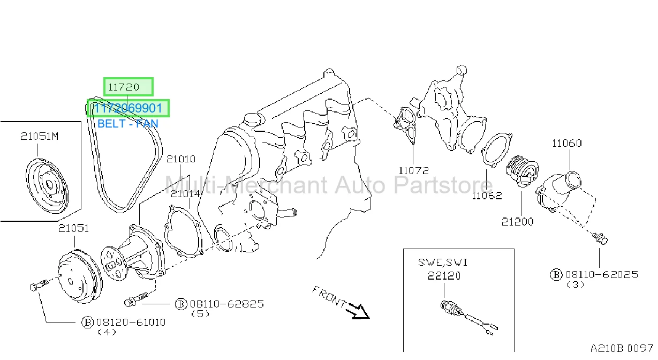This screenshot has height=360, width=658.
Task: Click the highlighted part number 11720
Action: coord(123,87)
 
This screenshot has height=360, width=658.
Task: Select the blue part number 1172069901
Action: coord(128,108)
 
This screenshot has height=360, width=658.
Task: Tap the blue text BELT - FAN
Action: coord(128,123)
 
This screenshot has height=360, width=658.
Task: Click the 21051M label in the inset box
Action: coord(40,136)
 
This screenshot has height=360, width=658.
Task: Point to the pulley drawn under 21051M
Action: coord(47,186)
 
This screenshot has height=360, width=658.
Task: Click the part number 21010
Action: coord(180,159)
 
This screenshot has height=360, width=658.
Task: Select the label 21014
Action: coord(185,194)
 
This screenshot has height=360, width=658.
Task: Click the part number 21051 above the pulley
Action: coord(73,228)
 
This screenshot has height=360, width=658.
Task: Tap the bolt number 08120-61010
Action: coord(131,322)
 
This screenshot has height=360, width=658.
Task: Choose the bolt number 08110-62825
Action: coord(227,304)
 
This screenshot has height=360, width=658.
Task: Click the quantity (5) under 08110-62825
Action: coord(200,314)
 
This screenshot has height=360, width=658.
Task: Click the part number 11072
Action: coord(414,170)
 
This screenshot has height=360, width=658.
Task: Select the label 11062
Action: coord(487,196)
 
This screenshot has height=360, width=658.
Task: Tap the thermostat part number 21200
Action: coord(517,222)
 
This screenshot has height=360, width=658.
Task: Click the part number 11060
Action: coord(566,143)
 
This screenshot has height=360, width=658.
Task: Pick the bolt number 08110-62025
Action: coord(602,274)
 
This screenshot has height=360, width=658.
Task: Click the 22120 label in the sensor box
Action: coord(444,276)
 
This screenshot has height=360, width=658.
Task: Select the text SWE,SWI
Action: coord(443,262)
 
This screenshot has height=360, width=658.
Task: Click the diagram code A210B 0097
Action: coord(622,348)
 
